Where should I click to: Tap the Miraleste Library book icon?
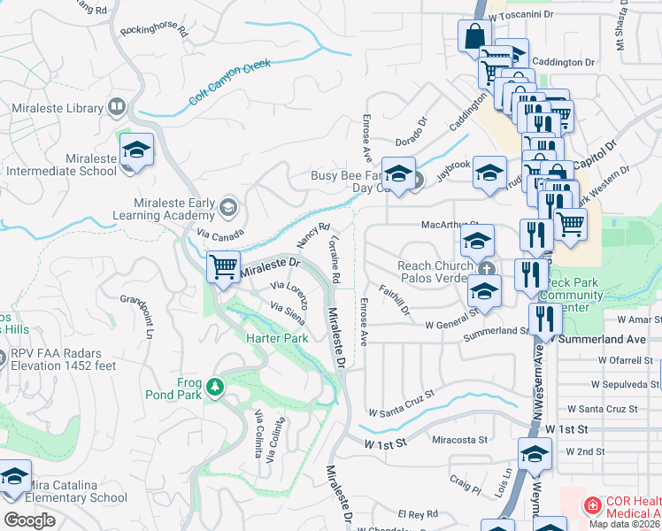[x=116, y=108]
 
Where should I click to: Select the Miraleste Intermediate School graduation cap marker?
[x=137, y=150]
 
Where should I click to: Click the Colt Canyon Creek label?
[x=229, y=81]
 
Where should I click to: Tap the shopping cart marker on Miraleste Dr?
[x=224, y=266]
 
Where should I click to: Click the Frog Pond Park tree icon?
[x=214, y=387]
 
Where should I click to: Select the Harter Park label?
[x=276, y=338]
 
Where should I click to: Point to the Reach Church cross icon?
[x=486, y=268]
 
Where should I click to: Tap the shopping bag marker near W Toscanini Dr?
[x=474, y=36]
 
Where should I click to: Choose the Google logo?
[x=29, y=520]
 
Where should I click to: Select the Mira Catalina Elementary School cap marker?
[x=12, y=478]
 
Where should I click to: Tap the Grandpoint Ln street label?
[x=137, y=317]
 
